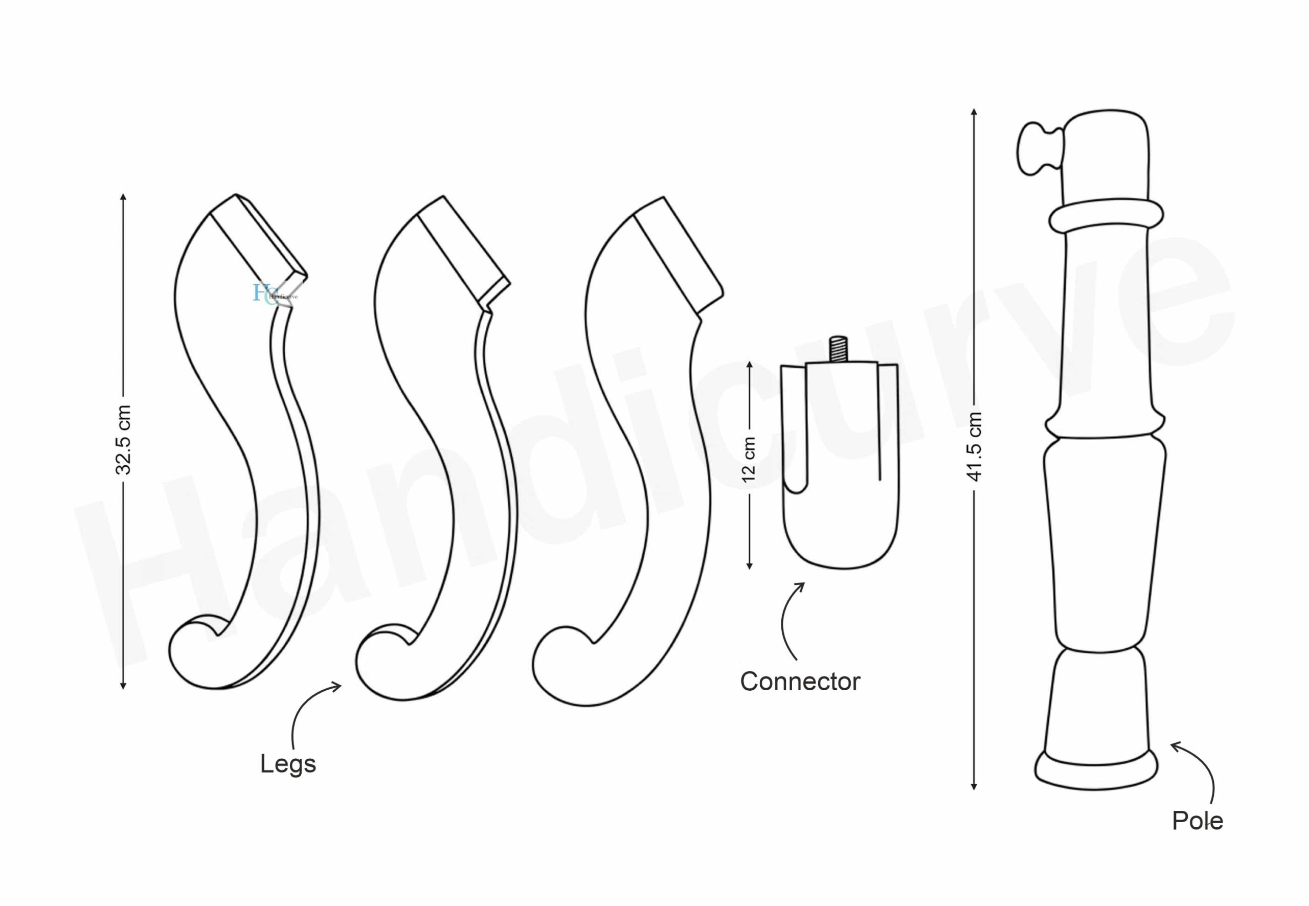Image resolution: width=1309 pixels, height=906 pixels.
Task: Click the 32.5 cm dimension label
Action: [x=123, y=440]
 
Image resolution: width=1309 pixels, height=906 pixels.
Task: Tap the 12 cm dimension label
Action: [x=749, y=460]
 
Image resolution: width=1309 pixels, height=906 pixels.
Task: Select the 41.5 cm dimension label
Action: [x=974, y=447]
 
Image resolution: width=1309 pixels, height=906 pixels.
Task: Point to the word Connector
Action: [x=800, y=681]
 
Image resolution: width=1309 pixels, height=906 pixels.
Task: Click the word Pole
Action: [x=1198, y=821]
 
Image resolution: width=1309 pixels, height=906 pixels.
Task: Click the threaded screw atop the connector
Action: [x=839, y=349]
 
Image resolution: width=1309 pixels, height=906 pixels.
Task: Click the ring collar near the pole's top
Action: [x=1105, y=216]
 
